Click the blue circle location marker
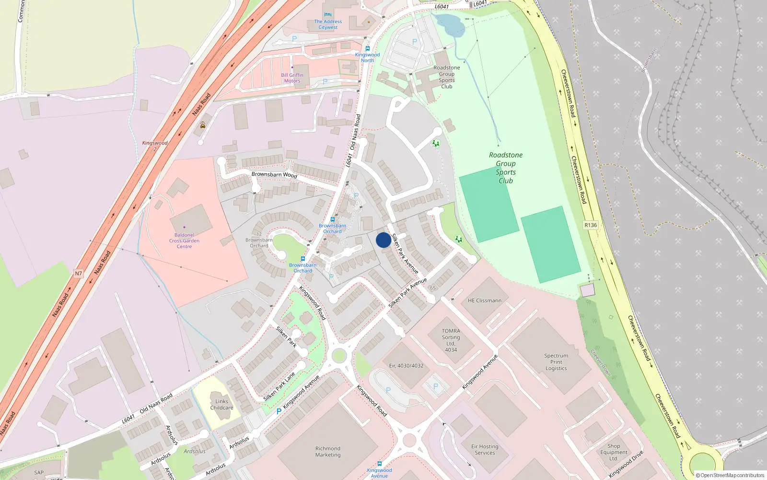coord(383,240)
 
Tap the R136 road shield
coord(591,225)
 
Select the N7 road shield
coord(78,274)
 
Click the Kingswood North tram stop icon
coord(367,48)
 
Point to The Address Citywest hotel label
coord(328,24)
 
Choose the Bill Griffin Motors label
coord(292,78)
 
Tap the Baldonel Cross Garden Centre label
coord(184,241)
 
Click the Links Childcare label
coord(221,405)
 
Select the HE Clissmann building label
coord(485,300)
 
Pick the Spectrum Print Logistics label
coord(556,362)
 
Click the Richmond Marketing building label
coord(328,452)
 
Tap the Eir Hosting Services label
coord(485,449)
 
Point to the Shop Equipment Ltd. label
coord(614,452)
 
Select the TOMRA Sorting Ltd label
coord(451,340)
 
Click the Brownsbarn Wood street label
coord(274,175)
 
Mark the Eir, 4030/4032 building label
coord(406,366)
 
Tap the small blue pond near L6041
coord(449,24)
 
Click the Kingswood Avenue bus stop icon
coord(379,464)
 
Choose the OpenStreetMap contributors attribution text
coord(730,475)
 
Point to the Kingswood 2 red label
coord(155,145)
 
